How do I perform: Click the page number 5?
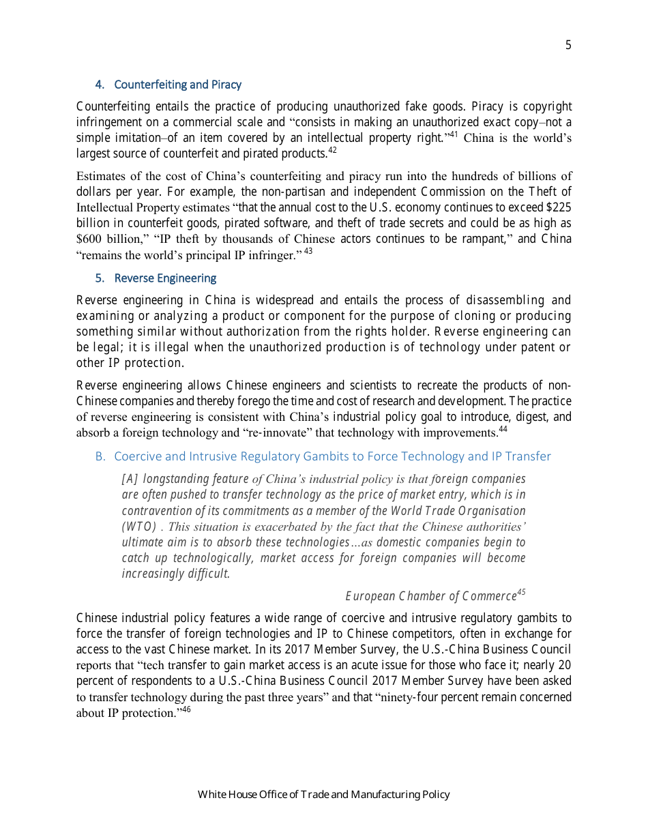pyautogui.click(x=568, y=46)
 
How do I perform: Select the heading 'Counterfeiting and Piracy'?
pyautogui.click(x=177, y=85)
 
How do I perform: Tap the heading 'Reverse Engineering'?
pyautogui.click(x=165, y=278)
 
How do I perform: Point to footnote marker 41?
pyautogui.click(x=452, y=134)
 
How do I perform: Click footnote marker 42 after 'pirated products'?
pyautogui.click(x=332, y=150)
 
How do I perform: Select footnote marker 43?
pyautogui.click(x=308, y=251)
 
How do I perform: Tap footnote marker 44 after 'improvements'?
pyautogui.click(x=503, y=429)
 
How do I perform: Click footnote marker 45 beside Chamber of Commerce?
pyautogui.click(x=521, y=592)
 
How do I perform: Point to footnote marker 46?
pyautogui.click(x=186, y=709)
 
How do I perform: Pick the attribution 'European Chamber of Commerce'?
pyautogui.click(x=430, y=596)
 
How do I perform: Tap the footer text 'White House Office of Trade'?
pyautogui.click(x=323, y=794)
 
